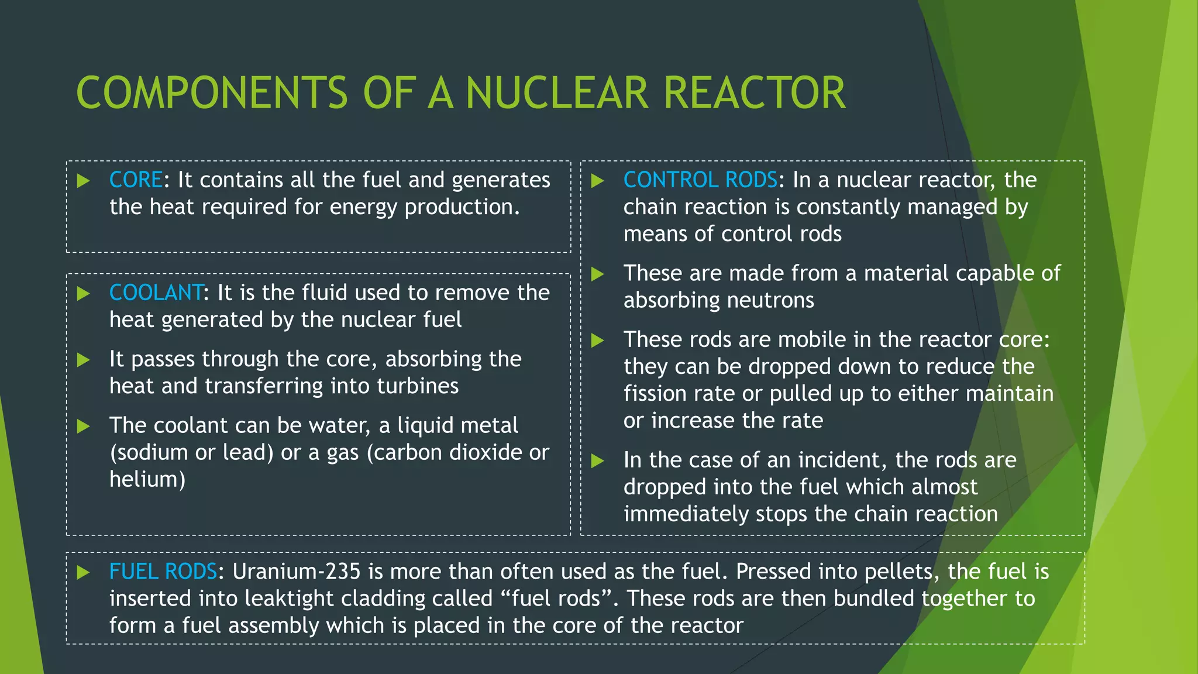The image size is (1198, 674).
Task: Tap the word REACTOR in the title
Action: click(x=755, y=93)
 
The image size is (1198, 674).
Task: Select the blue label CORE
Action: click(x=136, y=180)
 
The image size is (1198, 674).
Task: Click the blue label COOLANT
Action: click(x=156, y=293)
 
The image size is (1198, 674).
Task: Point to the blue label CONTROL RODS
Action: click(x=700, y=180)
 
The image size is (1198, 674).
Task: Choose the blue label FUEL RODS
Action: click(x=163, y=572)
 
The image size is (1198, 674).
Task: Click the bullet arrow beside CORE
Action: click(x=84, y=181)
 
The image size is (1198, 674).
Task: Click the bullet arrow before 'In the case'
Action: click(x=597, y=461)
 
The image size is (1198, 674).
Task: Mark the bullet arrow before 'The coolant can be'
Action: click(x=84, y=426)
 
